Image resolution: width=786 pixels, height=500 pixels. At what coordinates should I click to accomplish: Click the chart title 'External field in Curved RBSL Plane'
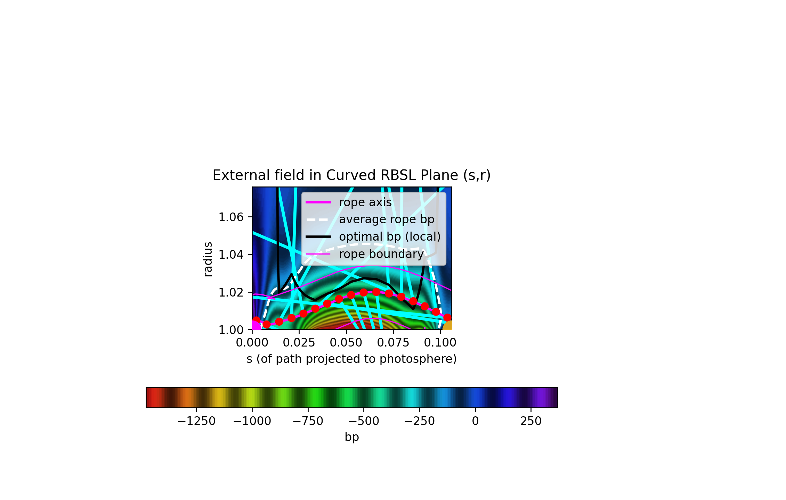(351, 175)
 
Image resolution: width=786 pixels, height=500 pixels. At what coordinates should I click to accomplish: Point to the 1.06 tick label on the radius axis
(231, 217)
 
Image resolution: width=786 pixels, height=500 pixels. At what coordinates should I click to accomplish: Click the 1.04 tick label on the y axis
(231, 255)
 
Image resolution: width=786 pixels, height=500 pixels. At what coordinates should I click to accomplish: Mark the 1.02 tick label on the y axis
(231, 292)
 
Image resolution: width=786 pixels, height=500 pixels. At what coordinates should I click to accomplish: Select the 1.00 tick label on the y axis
(231, 330)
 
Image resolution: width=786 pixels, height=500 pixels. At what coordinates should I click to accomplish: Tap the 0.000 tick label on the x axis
(252, 343)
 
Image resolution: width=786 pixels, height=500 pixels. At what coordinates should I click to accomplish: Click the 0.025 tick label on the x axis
(299, 343)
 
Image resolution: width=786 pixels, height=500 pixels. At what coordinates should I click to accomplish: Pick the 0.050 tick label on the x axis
(346, 343)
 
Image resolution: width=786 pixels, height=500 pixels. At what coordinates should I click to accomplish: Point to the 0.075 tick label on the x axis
(393, 343)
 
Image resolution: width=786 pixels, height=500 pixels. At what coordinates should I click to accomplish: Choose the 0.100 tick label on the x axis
(440, 343)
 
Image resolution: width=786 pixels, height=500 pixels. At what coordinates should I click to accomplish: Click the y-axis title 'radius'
(208, 259)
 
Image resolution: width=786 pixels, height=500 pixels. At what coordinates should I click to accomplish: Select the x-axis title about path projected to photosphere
(351, 359)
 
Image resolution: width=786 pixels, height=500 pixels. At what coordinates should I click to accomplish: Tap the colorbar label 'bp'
(352, 437)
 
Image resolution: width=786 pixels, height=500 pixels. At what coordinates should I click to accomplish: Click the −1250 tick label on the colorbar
(196, 421)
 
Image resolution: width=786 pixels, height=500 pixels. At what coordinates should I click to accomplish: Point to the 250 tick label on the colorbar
(531, 421)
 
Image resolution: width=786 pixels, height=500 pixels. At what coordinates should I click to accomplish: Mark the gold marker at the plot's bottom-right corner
(448, 326)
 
